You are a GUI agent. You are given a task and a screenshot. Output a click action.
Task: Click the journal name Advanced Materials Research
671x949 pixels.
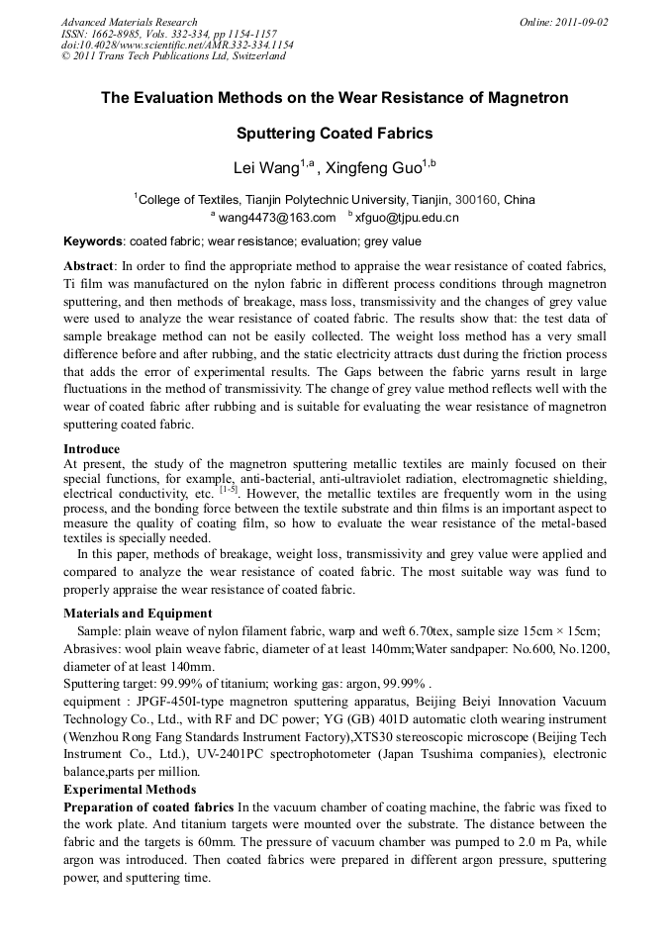[129, 22]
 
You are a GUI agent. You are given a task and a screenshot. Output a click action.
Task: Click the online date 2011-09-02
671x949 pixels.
[583, 22]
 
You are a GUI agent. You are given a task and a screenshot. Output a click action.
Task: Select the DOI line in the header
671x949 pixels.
[177, 45]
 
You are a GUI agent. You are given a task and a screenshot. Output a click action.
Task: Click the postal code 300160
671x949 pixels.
[476, 199]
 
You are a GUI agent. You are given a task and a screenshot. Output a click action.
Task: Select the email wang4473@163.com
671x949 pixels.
[276, 217]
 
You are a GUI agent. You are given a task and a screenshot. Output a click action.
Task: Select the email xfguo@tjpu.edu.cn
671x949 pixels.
[407, 217]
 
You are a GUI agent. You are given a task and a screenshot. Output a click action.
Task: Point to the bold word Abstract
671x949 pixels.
[88, 266]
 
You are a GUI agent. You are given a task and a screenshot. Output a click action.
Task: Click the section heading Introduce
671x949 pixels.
[91, 449]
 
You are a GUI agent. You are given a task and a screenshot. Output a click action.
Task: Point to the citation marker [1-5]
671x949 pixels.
[228, 489]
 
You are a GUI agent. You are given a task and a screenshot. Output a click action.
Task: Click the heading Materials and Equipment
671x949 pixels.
[138, 614]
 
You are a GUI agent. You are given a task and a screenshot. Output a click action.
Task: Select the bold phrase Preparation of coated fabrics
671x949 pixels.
[148, 807]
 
